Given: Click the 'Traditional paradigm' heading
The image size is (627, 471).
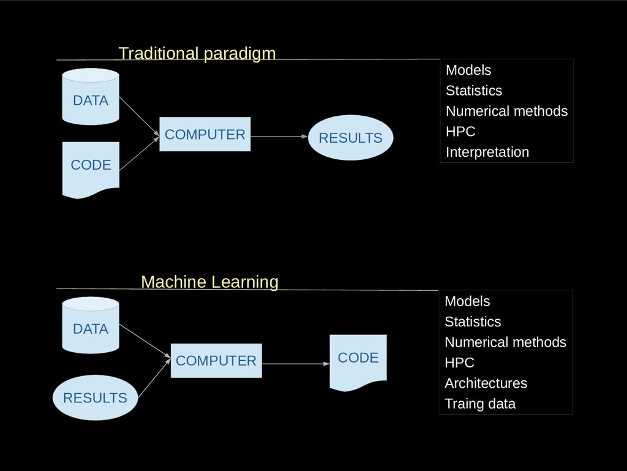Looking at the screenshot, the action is point(197,53).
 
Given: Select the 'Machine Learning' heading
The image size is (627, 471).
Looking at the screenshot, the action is point(209,282).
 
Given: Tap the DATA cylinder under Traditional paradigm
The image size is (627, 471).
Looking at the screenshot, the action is point(91,96).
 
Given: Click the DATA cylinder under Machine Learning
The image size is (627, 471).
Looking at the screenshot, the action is point(91,325).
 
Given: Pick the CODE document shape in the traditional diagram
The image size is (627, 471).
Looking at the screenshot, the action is point(91,169).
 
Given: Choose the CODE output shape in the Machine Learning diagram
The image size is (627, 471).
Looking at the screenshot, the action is point(358,362).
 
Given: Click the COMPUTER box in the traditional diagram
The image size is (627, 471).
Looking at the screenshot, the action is point(205,134).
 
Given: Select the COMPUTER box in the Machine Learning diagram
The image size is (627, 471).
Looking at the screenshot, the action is point(216,361).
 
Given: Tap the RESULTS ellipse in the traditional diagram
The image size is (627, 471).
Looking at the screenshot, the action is point(351,138).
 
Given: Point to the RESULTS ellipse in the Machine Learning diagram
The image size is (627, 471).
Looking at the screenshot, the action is point(95,398).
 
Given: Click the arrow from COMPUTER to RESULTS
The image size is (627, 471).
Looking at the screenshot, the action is point(279,137).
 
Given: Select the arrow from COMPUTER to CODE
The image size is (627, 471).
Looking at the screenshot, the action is point(296,364).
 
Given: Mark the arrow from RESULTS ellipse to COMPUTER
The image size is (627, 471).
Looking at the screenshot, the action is point(154,379).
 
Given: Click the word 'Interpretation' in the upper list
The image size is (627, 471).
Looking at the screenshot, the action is point(487,152).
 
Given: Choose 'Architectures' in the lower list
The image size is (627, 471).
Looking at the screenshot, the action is point(486,383).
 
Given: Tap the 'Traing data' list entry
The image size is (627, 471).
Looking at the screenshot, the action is point(480,404).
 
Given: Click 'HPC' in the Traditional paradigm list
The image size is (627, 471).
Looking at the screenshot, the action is point(460,132).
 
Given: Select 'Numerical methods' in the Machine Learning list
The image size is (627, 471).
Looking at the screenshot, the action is point(505,342).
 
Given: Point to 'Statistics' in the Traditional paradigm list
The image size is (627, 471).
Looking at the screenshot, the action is point(474,91).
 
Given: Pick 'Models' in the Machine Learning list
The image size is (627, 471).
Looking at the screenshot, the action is point(467,301).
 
